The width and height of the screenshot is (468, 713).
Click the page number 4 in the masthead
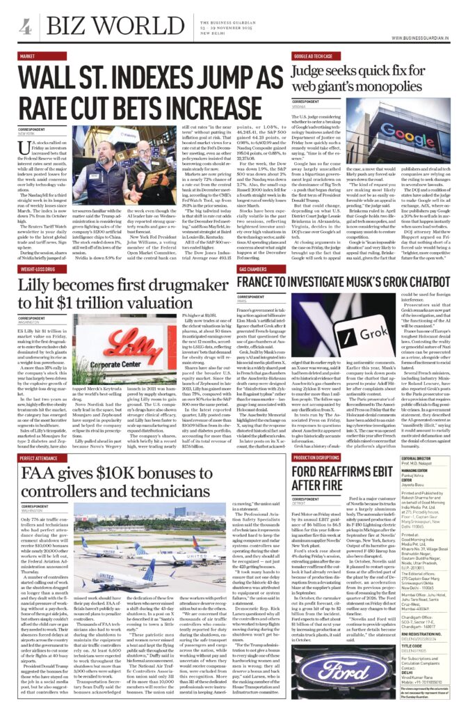click(x=26, y=27)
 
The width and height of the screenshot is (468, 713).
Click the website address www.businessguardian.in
click(x=418, y=38)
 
